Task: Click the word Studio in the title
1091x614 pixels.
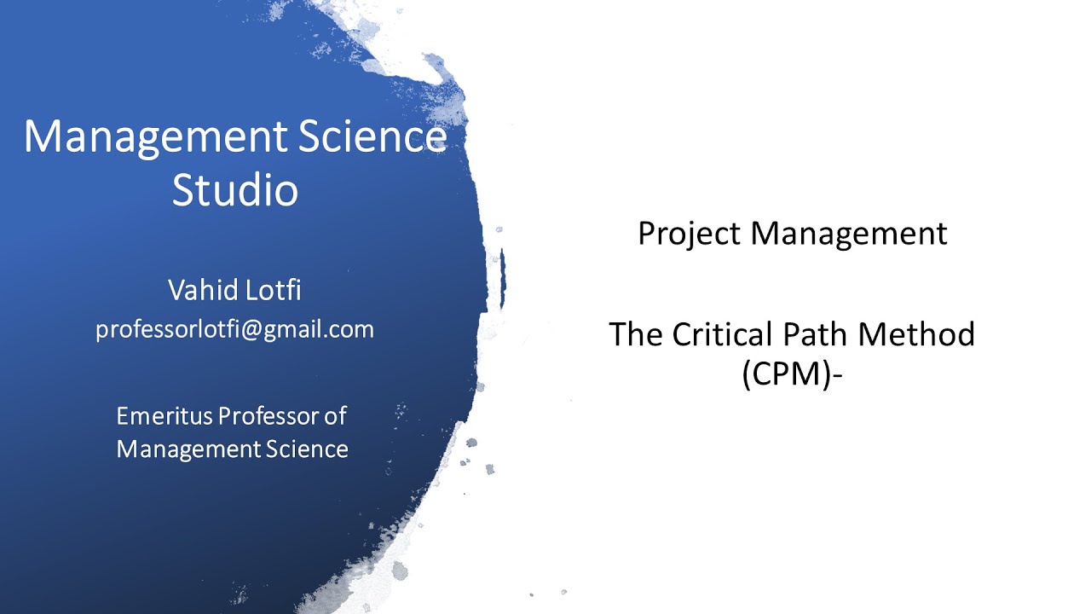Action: pos(235,190)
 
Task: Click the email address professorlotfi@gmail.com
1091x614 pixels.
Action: pos(234,329)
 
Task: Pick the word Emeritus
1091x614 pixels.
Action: pos(165,415)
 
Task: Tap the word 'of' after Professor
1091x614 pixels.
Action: pos(335,415)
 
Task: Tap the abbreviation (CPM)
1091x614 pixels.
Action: pos(785,374)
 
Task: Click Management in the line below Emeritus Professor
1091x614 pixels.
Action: pos(188,449)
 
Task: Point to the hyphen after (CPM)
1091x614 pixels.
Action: pos(836,375)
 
